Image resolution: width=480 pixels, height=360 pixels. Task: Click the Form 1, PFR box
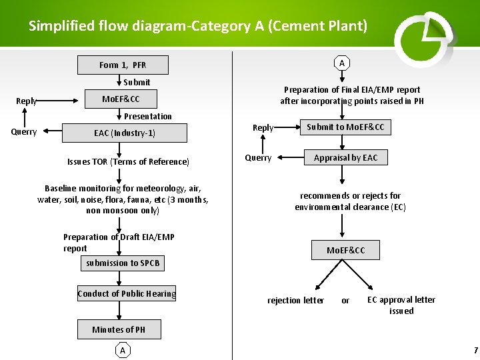click(x=123, y=65)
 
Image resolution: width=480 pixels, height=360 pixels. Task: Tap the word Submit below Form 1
click(x=137, y=83)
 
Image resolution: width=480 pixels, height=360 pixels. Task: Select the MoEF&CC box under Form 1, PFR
click(x=121, y=99)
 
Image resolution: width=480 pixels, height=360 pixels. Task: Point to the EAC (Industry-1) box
click(x=124, y=133)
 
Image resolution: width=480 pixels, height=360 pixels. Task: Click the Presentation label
click(x=148, y=116)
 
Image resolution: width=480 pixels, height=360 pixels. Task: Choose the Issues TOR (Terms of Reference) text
click(x=128, y=162)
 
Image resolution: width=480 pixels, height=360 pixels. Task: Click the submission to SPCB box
click(x=123, y=263)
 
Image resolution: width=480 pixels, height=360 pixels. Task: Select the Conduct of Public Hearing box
click(x=127, y=294)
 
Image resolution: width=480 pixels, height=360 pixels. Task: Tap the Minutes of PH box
click(x=119, y=329)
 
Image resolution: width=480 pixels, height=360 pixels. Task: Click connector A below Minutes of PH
click(x=122, y=350)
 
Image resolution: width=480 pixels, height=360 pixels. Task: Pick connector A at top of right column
click(x=342, y=63)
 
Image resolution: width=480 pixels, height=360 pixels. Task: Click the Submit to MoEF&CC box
click(x=345, y=127)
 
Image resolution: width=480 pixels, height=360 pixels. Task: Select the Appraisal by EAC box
click(x=345, y=158)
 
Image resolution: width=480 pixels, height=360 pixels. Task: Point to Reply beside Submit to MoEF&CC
click(x=263, y=128)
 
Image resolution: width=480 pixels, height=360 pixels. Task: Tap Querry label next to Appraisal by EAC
click(x=258, y=158)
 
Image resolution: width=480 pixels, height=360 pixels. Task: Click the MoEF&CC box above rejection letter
click(x=345, y=250)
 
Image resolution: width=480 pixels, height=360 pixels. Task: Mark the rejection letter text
click(x=295, y=301)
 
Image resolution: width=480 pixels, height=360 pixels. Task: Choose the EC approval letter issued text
click(x=401, y=305)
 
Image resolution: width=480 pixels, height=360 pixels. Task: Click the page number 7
click(x=475, y=351)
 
